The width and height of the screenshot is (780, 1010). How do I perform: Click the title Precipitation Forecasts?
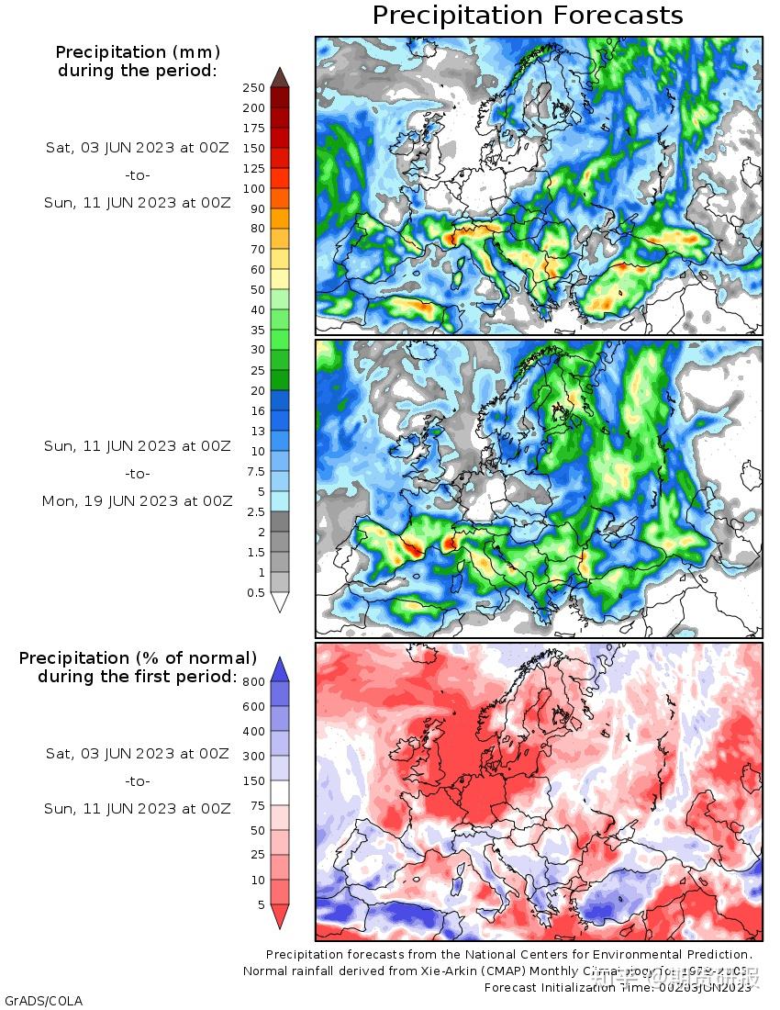[528, 16]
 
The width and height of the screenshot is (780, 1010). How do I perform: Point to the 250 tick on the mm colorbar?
[253, 88]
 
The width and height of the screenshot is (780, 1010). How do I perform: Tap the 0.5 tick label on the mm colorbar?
[254, 592]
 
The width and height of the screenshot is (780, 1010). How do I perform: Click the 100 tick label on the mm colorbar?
[253, 188]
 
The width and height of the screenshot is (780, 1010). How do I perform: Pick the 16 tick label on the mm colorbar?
[257, 410]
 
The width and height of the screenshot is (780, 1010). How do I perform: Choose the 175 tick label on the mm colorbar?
[253, 129]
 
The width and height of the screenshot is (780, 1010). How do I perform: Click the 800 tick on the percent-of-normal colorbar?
[253, 681]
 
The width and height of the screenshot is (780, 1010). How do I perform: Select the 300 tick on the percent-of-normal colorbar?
[253, 756]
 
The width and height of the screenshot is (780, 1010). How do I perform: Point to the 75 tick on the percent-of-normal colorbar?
[256, 805]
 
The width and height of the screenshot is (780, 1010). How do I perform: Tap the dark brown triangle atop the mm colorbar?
[281, 77]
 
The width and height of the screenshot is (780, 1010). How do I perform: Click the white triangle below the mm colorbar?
[281, 602]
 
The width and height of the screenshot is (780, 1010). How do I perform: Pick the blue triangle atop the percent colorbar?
[281, 668]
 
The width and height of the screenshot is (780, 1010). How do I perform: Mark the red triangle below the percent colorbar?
[281, 916]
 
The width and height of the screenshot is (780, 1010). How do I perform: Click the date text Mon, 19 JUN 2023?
[137, 501]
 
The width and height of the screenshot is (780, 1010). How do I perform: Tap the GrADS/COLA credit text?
[43, 1000]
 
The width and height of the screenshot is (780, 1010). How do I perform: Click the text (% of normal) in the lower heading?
[194, 658]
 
